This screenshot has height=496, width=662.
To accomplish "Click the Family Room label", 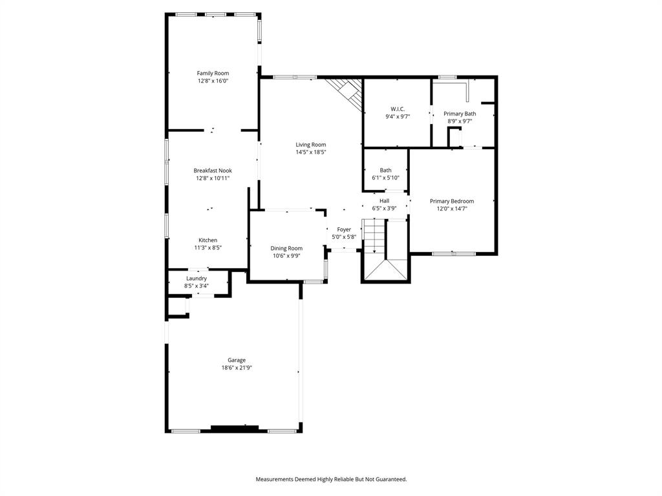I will click(x=213, y=74).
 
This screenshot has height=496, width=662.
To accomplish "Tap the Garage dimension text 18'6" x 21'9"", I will click(x=236, y=368).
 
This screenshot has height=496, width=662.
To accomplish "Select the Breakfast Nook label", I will click(x=213, y=170).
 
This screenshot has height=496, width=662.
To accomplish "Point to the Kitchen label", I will click(x=208, y=240).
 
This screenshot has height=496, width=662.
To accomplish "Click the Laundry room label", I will click(x=197, y=278).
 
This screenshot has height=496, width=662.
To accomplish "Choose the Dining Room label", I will click(x=286, y=248).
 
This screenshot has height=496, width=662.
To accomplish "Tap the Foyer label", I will click(x=344, y=229).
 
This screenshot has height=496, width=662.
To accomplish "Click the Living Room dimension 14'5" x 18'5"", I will click(x=311, y=152).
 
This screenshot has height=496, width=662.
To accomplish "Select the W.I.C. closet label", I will click(x=397, y=108).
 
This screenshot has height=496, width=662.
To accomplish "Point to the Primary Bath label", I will click(x=460, y=114).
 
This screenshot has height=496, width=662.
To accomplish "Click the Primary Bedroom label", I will click(x=452, y=201).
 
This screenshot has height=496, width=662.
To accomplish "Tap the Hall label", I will click(x=384, y=201).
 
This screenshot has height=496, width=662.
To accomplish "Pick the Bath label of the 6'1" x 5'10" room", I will click(x=385, y=170).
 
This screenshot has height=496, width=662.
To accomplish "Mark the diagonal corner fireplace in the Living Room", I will click(x=345, y=91).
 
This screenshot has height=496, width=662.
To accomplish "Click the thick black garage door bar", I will click(x=235, y=428).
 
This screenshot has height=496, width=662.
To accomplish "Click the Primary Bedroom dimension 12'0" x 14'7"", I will click(x=452, y=209).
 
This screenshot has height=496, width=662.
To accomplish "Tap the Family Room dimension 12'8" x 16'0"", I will click(x=213, y=81).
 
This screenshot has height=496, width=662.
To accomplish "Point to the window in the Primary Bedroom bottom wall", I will click(x=453, y=254).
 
